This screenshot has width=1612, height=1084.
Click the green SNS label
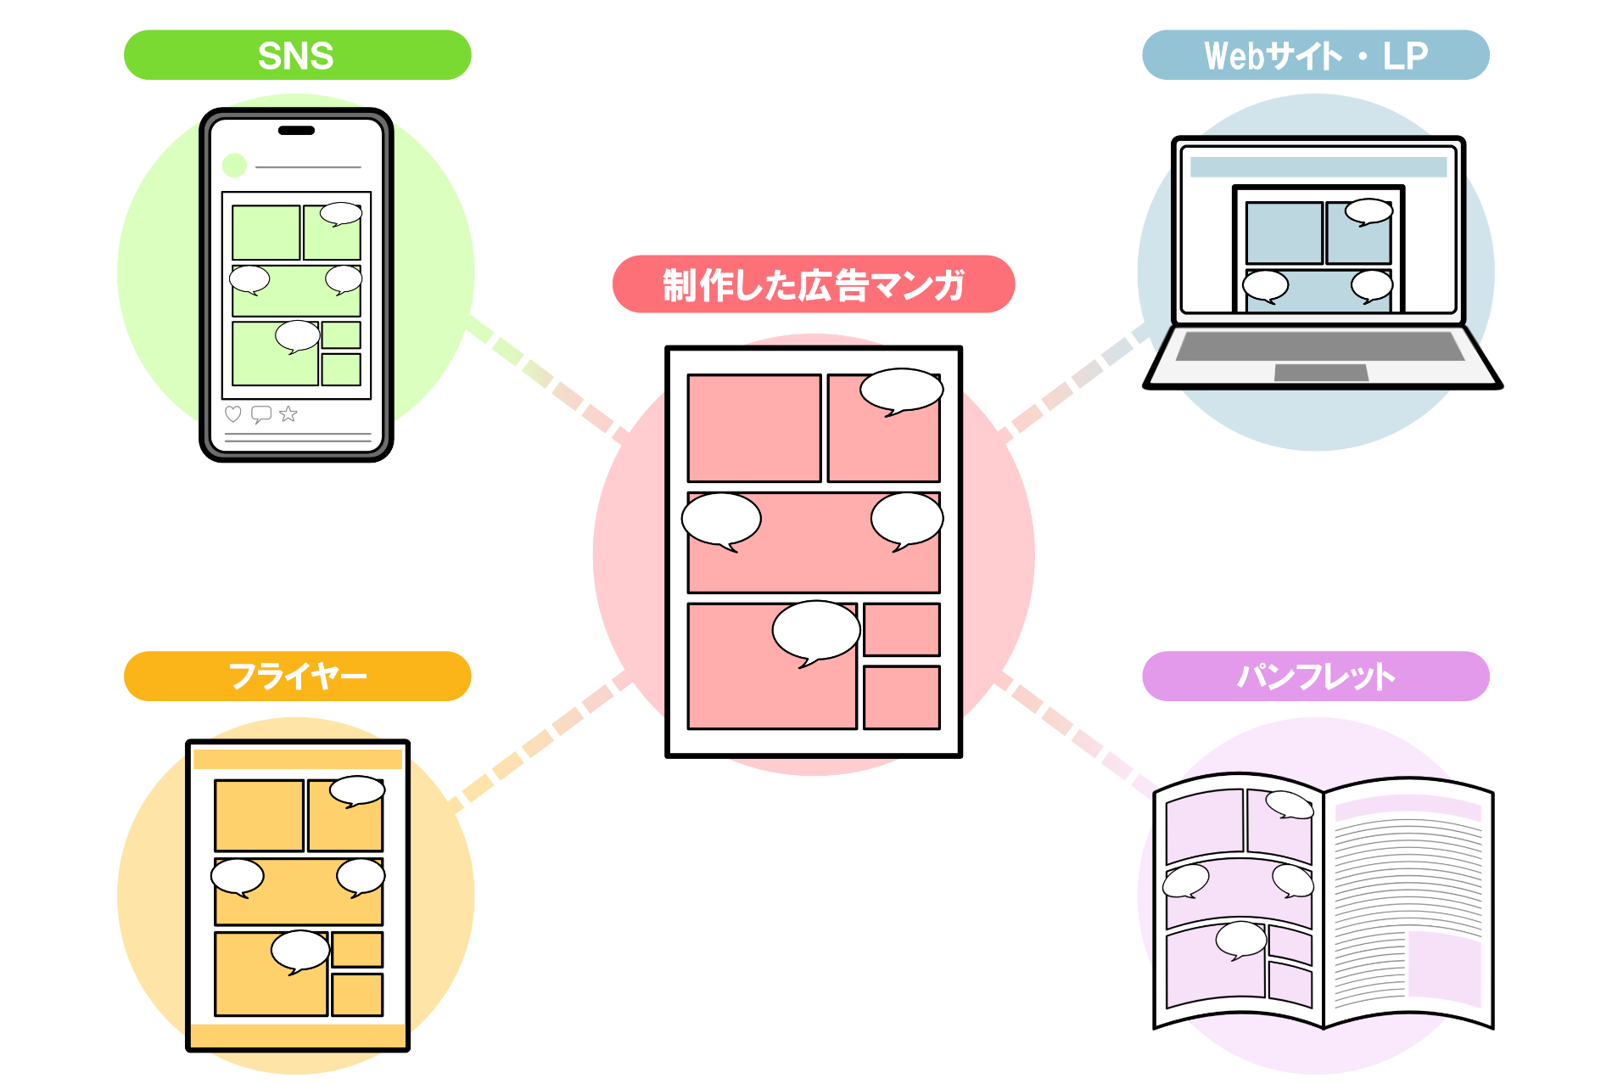tap(297, 55)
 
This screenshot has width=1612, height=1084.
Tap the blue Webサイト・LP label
tap(1316, 55)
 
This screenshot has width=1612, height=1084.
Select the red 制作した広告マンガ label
tap(814, 284)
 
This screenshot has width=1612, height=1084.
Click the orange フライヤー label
tap(297, 677)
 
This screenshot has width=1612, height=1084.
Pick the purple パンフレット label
tap(1316, 677)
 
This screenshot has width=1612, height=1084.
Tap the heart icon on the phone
tap(233, 414)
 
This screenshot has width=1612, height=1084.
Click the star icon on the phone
tap(288, 414)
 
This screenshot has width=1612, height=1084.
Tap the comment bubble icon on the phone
tap(261, 414)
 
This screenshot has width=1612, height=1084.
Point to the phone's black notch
tap(297, 131)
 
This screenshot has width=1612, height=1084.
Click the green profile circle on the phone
tap(234, 166)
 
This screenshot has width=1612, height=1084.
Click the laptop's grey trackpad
tap(1321, 373)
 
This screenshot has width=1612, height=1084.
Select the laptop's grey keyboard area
tap(1319, 346)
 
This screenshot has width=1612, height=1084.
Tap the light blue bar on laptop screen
tap(1318, 166)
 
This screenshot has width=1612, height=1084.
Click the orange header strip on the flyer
tap(298, 759)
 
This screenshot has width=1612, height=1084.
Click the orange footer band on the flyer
tap(298, 1036)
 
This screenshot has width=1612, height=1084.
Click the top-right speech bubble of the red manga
tap(901, 391)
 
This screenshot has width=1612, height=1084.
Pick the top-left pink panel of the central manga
tap(754, 428)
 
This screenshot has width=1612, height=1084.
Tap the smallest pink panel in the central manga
tap(902, 629)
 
